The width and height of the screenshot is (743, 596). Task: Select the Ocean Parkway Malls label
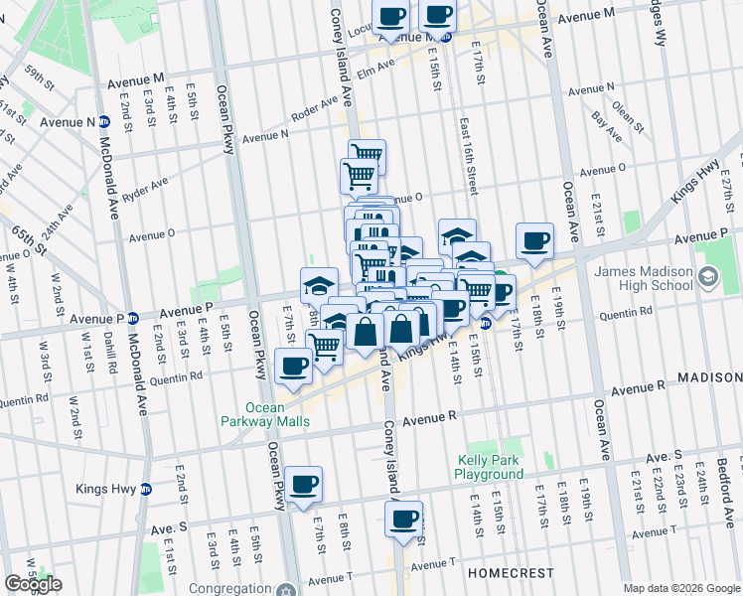click(x=278, y=414)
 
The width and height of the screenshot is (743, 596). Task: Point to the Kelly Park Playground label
click(x=490, y=467)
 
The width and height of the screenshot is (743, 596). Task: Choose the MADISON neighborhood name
click(x=709, y=378)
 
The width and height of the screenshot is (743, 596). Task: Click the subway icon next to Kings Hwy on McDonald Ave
click(x=146, y=489)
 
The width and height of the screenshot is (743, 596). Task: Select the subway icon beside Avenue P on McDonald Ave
click(x=132, y=319)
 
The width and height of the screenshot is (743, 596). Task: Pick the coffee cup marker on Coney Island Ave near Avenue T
click(x=403, y=519)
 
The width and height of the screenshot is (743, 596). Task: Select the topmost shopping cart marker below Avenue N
click(x=367, y=155)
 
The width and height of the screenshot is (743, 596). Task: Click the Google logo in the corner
click(x=32, y=584)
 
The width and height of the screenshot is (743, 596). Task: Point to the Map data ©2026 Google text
click(x=681, y=588)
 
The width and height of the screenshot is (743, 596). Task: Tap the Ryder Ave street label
click(x=145, y=188)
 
